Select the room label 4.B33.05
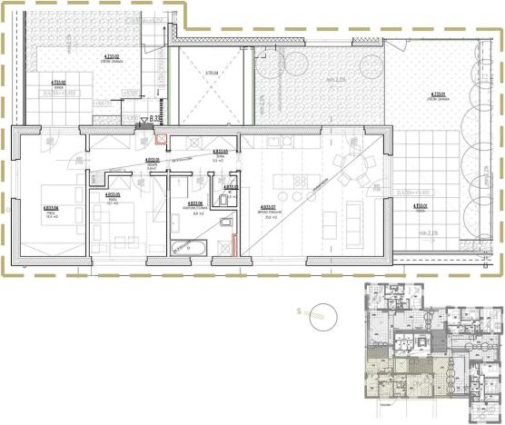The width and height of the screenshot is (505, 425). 114,196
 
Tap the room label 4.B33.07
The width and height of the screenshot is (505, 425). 267,208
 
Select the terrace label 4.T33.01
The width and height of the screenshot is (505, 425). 420,208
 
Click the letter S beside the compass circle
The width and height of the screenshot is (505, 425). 299,311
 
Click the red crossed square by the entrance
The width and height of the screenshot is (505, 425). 162,140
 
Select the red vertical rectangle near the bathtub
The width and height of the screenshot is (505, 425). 233,244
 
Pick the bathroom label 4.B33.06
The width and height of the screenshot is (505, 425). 193,205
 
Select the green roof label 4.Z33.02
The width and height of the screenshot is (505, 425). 112,57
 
